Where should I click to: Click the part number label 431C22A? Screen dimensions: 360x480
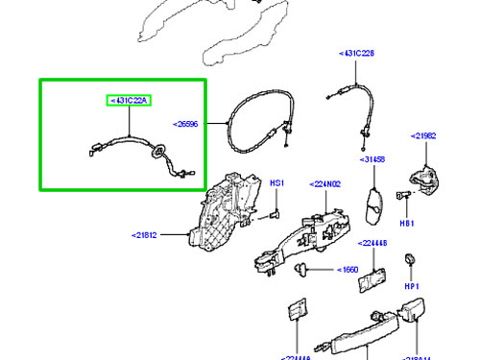131,100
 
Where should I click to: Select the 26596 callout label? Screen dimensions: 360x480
189,124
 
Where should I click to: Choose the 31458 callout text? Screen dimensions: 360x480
374,159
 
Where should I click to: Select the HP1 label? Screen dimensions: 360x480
412,287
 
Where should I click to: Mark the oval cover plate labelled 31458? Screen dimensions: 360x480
375,204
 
